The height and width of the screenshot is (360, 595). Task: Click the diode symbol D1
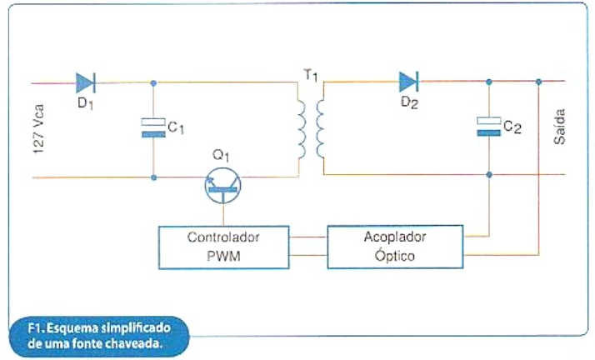pyautogui.click(x=85, y=82)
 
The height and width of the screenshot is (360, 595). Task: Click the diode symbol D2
pyautogui.click(x=408, y=82)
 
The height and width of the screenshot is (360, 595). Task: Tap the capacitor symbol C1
pyautogui.click(x=152, y=128)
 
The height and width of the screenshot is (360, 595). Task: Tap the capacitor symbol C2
pyautogui.click(x=488, y=127)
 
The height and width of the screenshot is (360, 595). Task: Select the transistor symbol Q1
pyautogui.click(x=221, y=186)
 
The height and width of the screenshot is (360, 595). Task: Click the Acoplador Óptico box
pyautogui.click(x=394, y=247)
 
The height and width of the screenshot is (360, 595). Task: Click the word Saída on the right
pyautogui.click(x=559, y=126)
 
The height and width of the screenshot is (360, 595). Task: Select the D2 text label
pyautogui.click(x=408, y=103)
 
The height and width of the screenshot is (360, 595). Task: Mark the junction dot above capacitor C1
pyautogui.click(x=153, y=82)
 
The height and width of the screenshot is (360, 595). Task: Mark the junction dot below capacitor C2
pyautogui.click(x=488, y=175)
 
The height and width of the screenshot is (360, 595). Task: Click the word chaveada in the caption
pyautogui.click(x=129, y=342)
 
